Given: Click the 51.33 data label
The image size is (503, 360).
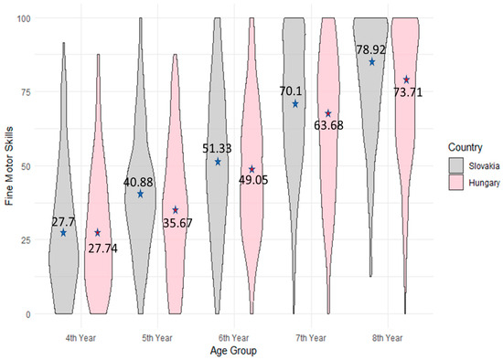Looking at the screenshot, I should click(x=219, y=148).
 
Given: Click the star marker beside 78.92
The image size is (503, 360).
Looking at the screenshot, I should click(x=372, y=62).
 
